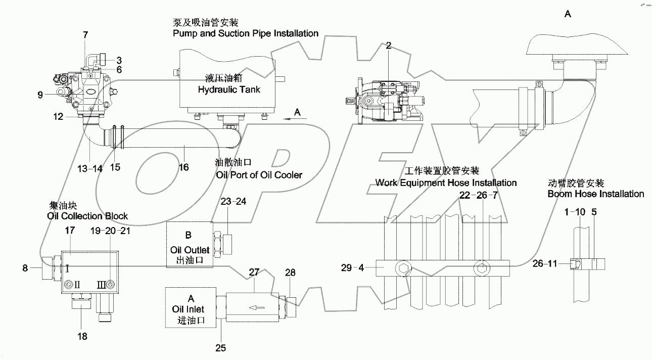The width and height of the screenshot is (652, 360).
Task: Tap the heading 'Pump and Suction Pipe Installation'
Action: pyautogui.click(x=246, y=33)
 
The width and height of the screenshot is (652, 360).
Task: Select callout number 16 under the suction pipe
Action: pyautogui.click(x=183, y=167)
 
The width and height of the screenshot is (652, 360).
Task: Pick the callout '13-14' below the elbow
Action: pyautogui.click(x=91, y=168)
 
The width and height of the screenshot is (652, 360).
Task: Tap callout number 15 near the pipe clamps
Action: pyautogui.click(x=115, y=167)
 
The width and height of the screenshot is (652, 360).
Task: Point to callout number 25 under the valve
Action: pyautogui.click(x=221, y=348)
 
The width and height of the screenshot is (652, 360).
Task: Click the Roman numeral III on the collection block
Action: pyautogui.click(x=102, y=285)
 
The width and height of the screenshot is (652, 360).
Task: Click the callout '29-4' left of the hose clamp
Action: pyautogui.click(x=352, y=268)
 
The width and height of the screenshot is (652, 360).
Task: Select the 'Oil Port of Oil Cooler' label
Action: pyautogui.click(x=258, y=175)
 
